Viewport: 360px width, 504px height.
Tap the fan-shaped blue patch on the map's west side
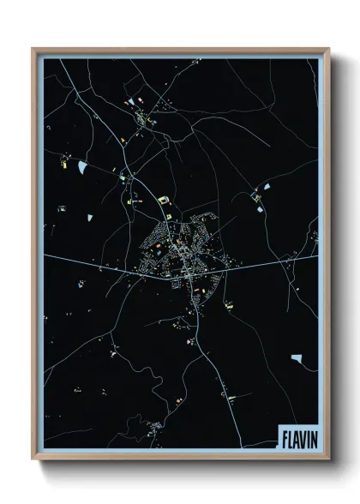82,165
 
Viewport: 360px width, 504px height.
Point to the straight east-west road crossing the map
94,262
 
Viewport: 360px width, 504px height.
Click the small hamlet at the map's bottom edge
154,426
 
